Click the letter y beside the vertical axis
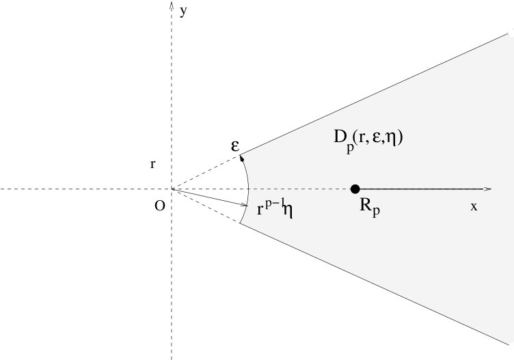[183, 12]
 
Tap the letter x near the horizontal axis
[473, 206]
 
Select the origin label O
[159, 206]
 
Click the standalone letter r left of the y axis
[154, 165]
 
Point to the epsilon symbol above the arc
[234, 145]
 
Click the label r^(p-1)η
[275, 208]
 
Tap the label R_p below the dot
[369, 207]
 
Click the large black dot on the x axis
[355, 189]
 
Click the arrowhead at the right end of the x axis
[487, 189]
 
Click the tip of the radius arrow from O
[245, 204]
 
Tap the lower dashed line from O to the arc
[205, 206]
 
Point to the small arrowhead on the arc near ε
[241, 159]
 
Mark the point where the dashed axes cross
[171, 189]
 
